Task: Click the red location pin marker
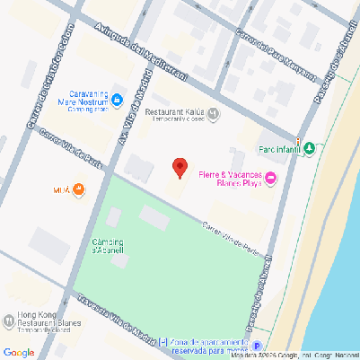pos(180,167)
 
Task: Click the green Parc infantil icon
pos(310,147)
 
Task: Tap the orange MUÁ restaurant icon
pos(78,189)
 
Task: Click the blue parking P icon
pos(257,347)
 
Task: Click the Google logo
pos(19,351)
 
